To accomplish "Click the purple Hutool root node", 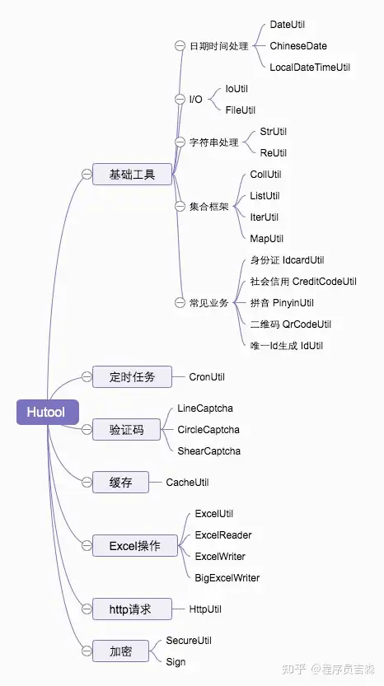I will click(x=46, y=412).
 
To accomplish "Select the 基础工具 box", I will click(x=132, y=174).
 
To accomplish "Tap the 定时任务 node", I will click(x=132, y=376).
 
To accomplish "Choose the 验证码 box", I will click(x=126, y=429).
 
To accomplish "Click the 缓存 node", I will click(x=121, y=483).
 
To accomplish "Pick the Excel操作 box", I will click(x=133, y=545).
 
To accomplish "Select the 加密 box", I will click(x=120, y=651).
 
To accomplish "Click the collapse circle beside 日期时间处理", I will click(x=180, y=46).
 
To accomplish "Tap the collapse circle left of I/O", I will click(x=180, y=100).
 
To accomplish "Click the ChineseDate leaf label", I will click(x=298, y=46).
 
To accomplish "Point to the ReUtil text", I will click(x=274, y=152).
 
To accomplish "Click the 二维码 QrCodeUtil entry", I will click(x=290, y=324).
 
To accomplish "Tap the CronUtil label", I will click(x=207, y=376).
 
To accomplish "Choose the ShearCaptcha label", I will click(x=208, y=450).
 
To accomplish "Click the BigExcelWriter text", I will click(x=227, y=577).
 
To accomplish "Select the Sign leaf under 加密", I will click(x=176, y=661).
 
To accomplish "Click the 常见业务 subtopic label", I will click(x=208, y=303).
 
